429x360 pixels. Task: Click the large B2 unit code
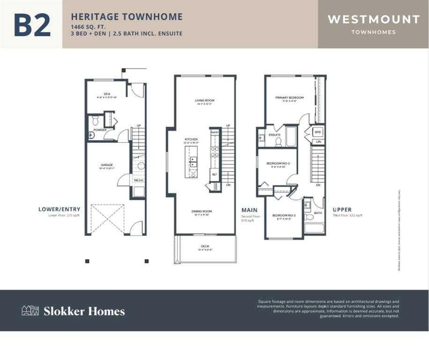[x=32, y=25]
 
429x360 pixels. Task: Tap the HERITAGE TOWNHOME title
[x=126, y=17]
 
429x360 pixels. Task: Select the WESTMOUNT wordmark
[x=373, y=19]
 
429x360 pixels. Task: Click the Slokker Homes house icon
[x=30, y=310]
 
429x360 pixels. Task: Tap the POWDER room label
[x=100, y=130]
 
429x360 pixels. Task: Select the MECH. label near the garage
[x=139, y=180]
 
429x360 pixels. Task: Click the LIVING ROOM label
[x=204, y=100]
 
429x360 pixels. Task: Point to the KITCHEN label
[x=191, y=139]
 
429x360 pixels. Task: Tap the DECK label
[x=205, y=246]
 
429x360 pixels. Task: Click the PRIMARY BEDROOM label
[x=289, y=97]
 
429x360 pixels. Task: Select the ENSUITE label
[x=274, y=135]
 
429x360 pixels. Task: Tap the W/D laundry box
[x=318, y=132]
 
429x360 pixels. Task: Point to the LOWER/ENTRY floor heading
[x=59, y=209]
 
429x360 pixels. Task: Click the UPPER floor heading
[x=342, y=210]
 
